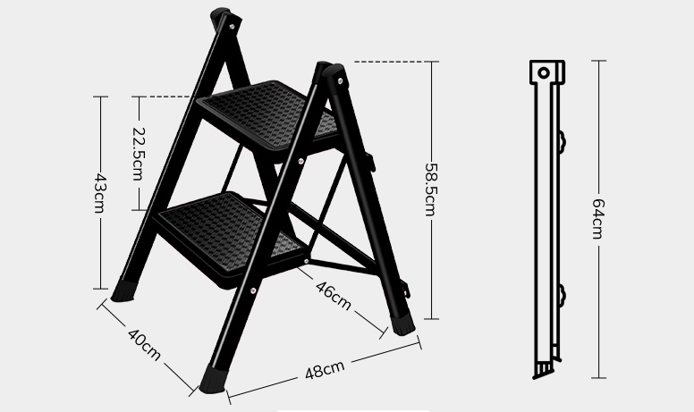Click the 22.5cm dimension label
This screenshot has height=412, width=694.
[x=138, y=154]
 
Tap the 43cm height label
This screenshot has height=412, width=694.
[x=100, y=193]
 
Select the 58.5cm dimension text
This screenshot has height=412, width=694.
[x=431, y=189]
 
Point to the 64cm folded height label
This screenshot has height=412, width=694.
[x=598, y=219]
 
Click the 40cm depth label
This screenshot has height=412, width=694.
[x=144, y=344]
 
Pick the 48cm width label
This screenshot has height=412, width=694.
[x=325, y=370]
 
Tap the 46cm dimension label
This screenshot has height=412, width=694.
[x=334, y=295]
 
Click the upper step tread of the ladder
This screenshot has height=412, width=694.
[x=268, y=116]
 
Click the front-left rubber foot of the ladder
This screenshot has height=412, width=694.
[x=123, y=290]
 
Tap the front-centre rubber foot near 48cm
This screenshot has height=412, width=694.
[x=213, y=380]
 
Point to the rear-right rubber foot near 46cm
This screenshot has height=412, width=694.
[x=402, y=324]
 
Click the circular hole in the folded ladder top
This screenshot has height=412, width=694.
[x=544, y=72]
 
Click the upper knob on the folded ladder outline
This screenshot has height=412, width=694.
[x=563, y=141]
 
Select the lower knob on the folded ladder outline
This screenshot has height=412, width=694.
[x=563, y=295]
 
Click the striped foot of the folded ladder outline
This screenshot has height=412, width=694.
[x=544, y=369]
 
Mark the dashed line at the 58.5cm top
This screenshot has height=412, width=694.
[x=390, y=62]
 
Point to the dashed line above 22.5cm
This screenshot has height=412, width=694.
[x=165, y=97]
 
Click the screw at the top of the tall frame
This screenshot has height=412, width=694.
[x=232, y=27]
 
